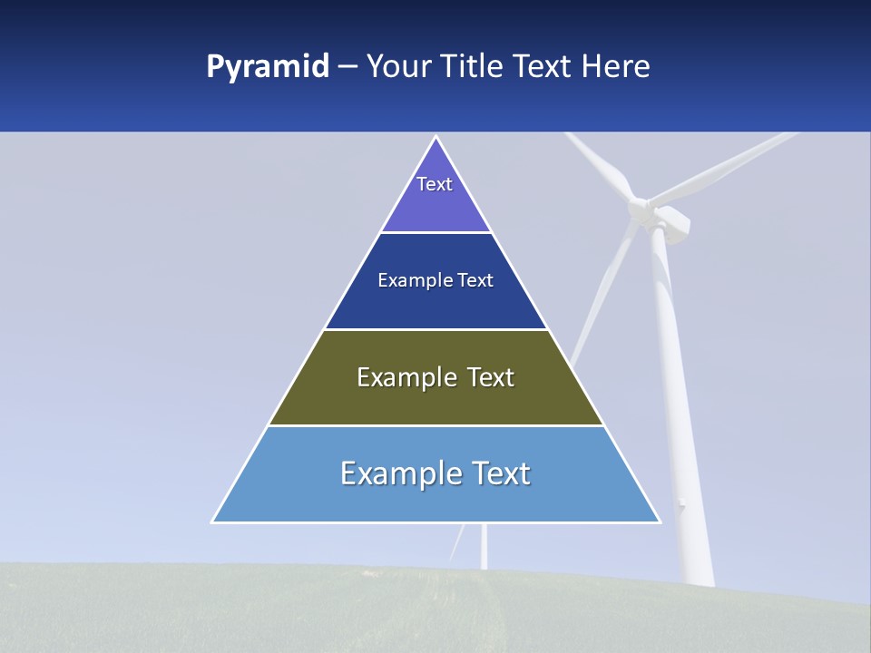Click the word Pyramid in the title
267,67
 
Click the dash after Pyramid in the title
347,67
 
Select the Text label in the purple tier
435,184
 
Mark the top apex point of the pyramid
436,137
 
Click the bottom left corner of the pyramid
213,521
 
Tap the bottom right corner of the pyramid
660,521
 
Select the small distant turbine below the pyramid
483,548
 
